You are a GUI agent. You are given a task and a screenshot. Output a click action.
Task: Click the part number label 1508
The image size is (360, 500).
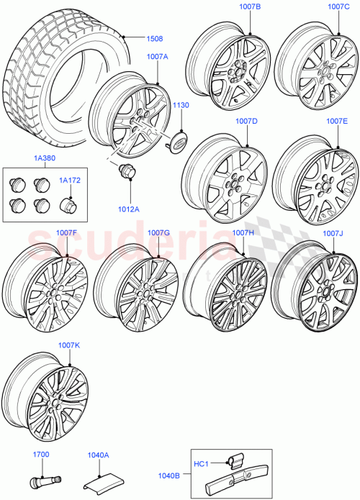click(156, 40)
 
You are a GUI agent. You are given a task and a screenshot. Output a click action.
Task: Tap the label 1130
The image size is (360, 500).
click(180, 105)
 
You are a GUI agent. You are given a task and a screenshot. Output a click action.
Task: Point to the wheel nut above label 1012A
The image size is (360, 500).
click(127, 173)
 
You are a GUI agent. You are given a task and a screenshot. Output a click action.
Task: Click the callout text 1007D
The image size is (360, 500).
click(246, 121)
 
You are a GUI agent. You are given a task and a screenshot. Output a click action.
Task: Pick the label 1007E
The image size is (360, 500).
click(337, 121)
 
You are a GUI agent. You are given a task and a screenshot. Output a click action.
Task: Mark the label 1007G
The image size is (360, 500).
click(158, 232)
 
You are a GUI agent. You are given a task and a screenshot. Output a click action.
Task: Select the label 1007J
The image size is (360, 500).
click(333, 233)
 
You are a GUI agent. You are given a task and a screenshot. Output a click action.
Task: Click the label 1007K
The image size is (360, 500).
click(69, 346)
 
